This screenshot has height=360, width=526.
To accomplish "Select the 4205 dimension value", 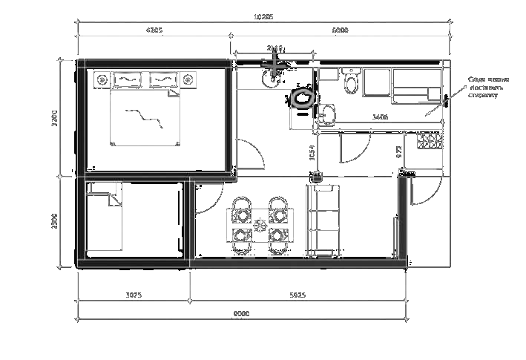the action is [x=154, y=30].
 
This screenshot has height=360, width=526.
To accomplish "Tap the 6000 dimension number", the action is [x=340, y=30].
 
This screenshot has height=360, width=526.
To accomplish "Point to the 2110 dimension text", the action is [x=274, y=48].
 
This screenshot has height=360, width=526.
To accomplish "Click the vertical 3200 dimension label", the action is [x=55, y=118].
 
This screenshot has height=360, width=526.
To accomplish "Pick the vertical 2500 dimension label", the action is [x=55, y=220].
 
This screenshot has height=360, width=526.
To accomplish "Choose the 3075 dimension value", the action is [x=134, y=295].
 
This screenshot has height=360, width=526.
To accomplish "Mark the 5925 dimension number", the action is [x=297, y=295].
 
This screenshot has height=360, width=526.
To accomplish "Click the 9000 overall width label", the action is [x=241, y=313].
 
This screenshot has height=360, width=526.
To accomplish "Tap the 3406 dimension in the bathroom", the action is [x=379, y=117].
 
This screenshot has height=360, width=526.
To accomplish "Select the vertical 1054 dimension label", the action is [x=312, y=152].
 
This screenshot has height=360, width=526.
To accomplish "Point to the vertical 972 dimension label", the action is [x=399, y=152].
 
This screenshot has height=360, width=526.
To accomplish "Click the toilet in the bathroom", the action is [x=352, y=82].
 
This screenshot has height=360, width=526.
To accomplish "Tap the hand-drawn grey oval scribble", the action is [x=303, y=98].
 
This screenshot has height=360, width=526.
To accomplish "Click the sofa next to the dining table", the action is [x=323, y=220].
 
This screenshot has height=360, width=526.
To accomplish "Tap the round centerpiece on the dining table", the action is [x=260, y=225].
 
